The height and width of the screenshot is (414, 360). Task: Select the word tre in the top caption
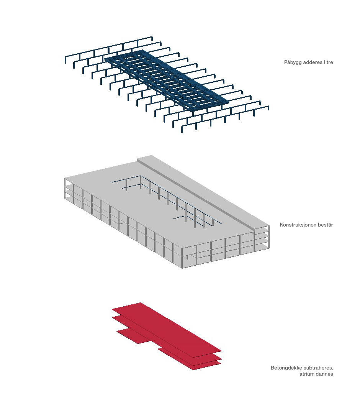[x=330, y=62]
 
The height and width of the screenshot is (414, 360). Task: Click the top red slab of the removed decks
[x=167, y=327]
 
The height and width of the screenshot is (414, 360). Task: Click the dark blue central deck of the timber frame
[x=167, y=79]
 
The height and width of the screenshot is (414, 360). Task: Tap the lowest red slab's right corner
[x=221, y=363]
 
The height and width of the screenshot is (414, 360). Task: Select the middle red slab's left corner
[x=112, y=318]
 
